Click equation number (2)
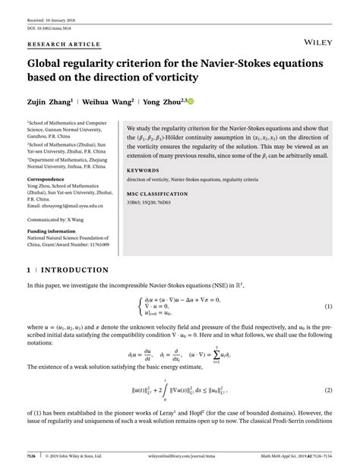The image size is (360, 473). (329, 390)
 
